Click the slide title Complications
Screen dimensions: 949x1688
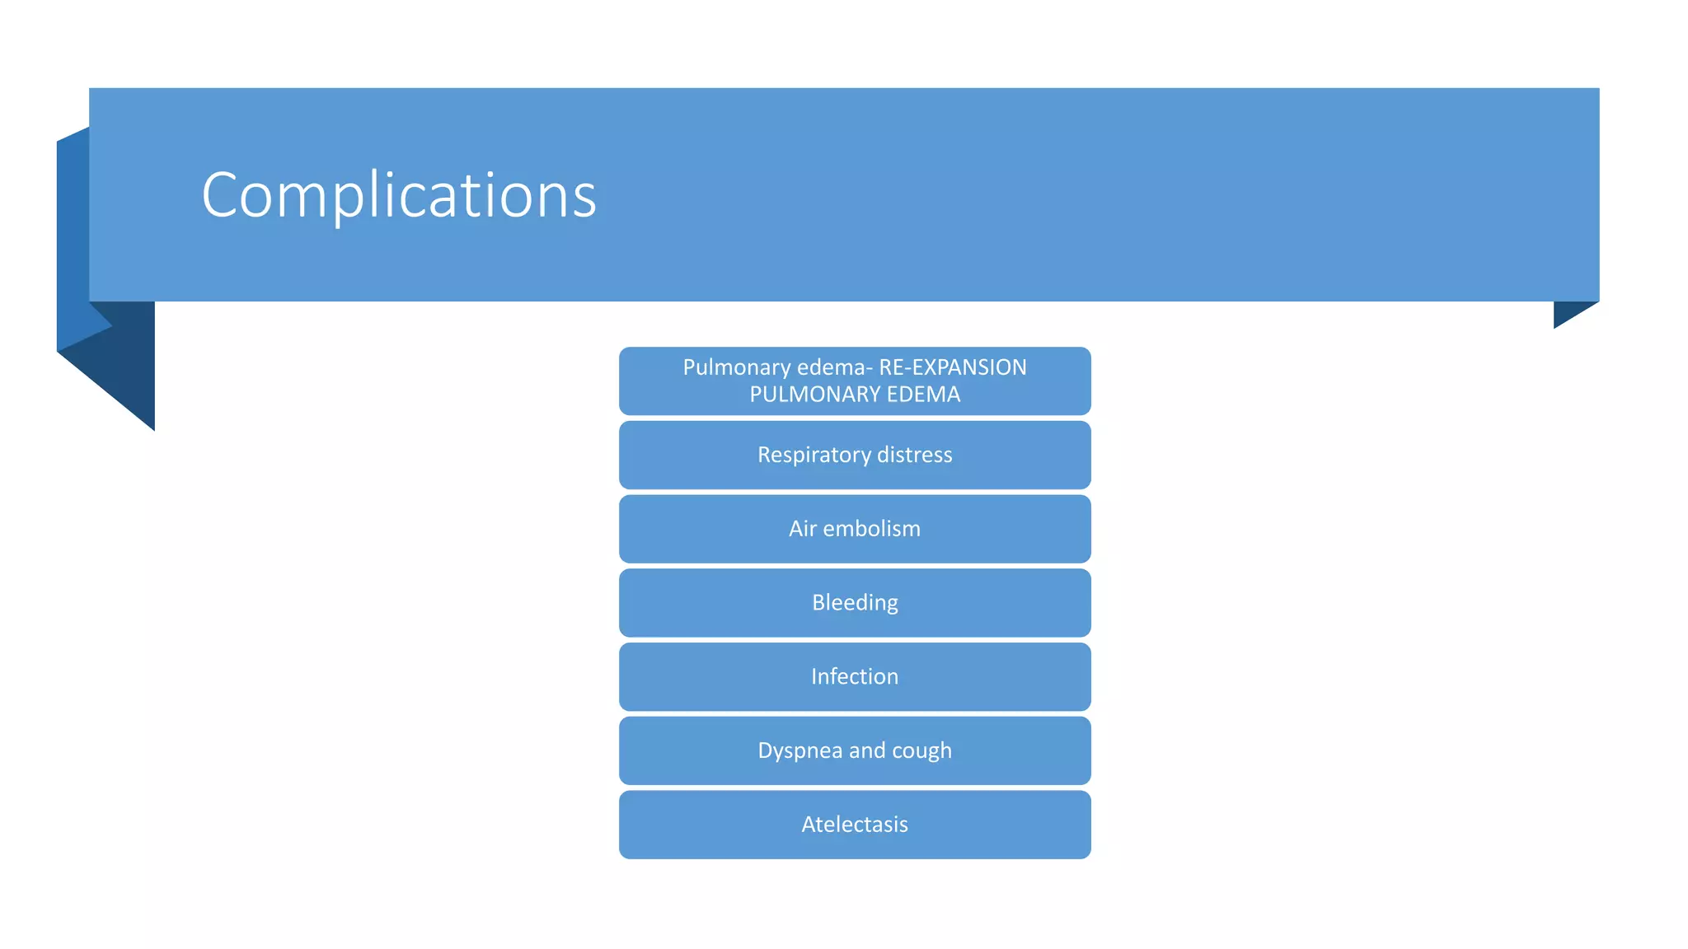[x=399, y=195]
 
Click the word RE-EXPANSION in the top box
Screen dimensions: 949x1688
[x=953, y=367]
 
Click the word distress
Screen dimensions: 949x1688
[x=914, y=455]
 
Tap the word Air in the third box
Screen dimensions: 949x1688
[x=802, y=529]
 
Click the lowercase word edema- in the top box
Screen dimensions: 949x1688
[x=835, y=367]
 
